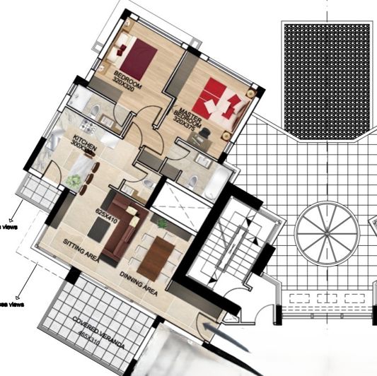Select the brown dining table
coord(156,257)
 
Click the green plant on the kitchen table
coord(74,181)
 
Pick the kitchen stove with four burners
coord(88,126)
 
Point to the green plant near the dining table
coord(163,223)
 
